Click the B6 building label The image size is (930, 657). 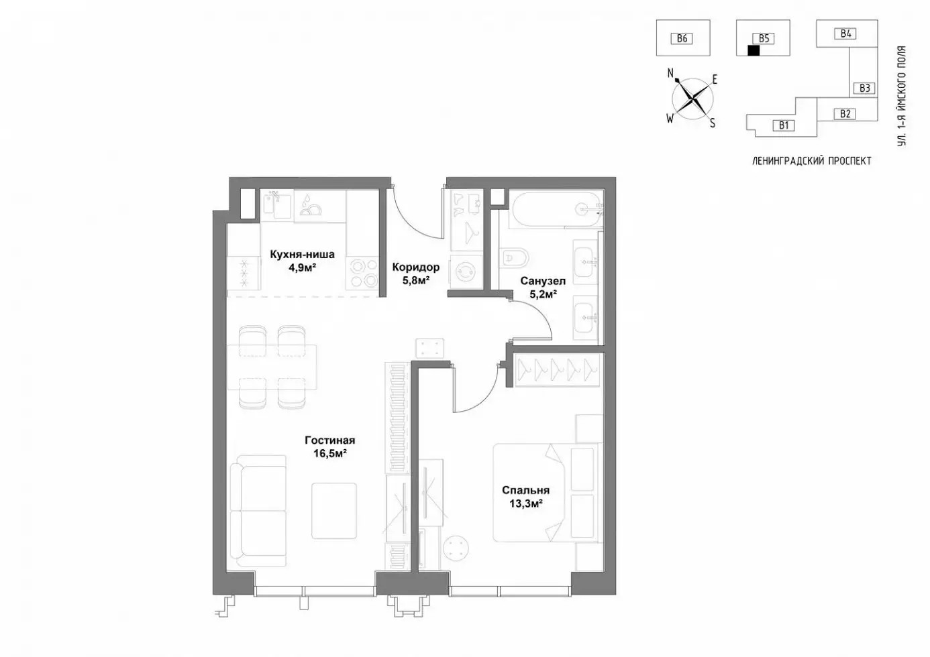point(682,39)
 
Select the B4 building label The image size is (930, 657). point(845,34)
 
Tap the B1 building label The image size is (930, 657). point(784,125)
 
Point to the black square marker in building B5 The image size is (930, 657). point(754,50)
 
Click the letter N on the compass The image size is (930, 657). point(670,74)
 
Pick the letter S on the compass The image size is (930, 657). point(713,123)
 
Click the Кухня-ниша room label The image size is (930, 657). point(302,254)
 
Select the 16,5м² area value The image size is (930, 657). point(330,453)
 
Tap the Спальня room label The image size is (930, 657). point(525,490)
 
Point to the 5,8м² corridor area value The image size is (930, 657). point(415,280)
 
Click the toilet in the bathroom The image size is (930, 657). point(514,258)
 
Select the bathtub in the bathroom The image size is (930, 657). point(556,208)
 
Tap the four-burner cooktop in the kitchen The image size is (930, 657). point(363,272)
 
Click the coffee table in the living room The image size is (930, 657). point(334,511)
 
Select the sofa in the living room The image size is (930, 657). point(258,511)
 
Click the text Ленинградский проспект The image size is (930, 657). point(812,162)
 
